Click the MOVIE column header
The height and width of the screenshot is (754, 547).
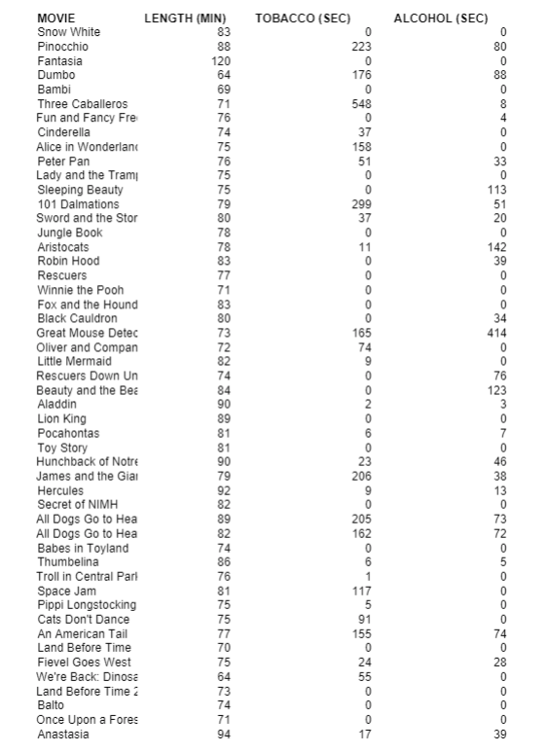coord(55,18)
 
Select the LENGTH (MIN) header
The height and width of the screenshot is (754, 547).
coord(185,18)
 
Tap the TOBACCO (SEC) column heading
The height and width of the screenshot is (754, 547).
coord(303,18)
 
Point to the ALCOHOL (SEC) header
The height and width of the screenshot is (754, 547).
coord(441,18)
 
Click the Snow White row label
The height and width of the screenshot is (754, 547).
coord(68,32)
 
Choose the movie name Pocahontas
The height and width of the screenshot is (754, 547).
coord(68,433)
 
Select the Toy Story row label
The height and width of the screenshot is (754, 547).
coord(62,448)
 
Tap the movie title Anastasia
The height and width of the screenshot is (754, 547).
coord(63,734)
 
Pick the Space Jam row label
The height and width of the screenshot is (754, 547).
coord(67,591)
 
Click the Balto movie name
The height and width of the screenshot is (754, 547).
coord(52,705)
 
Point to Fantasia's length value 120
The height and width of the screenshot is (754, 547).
coord(221,61)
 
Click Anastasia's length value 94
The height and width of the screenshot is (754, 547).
coord(224,734)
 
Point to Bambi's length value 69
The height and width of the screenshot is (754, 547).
coord(224,90)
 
